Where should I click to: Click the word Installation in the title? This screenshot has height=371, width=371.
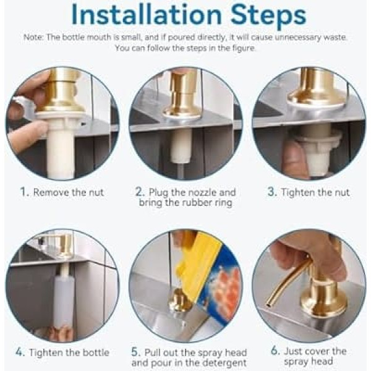pos(147,14)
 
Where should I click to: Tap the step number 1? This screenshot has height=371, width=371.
pos(24,192)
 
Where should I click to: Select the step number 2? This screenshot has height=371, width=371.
pos(140,192)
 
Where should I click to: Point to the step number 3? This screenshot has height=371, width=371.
pos(272,192)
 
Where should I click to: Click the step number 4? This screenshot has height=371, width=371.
pos(20,352)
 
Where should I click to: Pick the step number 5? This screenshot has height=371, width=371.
pos(136,352)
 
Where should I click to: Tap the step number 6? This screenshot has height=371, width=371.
pos(275,351)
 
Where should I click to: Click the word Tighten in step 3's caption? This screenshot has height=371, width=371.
pos(297,192)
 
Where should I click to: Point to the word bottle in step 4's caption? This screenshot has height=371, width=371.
pos(95,352)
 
